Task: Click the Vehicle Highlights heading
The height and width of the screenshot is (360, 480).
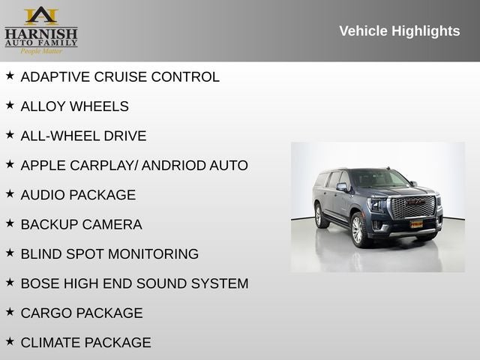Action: pos(399,31)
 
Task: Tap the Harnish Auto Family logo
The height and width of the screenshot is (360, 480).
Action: pos(41,30)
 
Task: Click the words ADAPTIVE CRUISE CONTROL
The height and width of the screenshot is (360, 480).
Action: pos(120,77)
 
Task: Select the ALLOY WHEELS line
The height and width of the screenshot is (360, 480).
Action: pos(74,106)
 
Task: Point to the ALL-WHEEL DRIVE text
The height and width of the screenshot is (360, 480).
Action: pos(83,136)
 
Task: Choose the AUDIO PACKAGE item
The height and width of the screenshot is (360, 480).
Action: pos(78,195)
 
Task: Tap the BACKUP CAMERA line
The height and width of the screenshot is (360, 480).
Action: pos(81,224)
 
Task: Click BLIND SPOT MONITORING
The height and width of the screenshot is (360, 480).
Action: pos(109,254)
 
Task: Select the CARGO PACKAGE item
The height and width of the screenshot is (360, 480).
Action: pos(81,313)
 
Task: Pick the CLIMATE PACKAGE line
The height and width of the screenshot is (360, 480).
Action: pos(85,343)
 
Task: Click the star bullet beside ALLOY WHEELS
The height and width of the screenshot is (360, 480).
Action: pos(10,105)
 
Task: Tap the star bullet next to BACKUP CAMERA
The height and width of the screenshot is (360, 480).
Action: pos(10,223)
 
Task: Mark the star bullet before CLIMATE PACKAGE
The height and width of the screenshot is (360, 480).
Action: pos(10,341)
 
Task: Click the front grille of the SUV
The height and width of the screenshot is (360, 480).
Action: pos(413,207)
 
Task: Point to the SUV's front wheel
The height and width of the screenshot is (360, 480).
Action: pos(358,231)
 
